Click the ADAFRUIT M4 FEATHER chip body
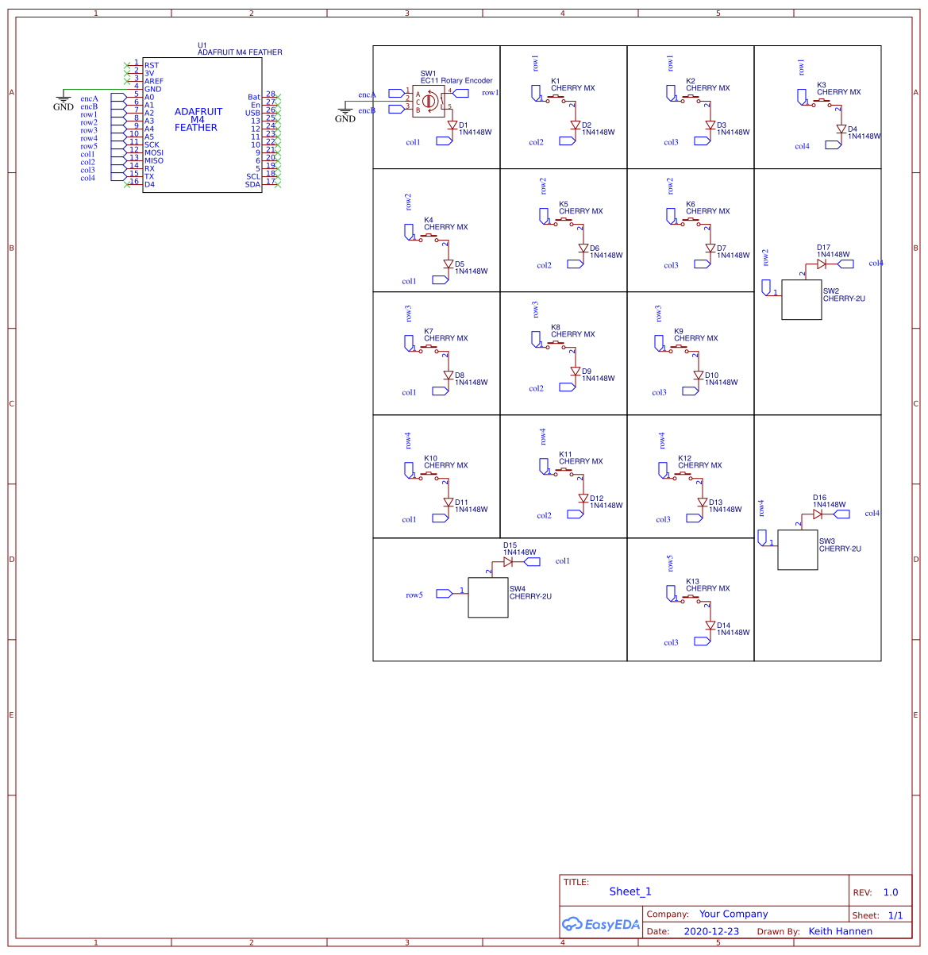pos(202,127)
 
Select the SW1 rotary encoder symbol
pos(429,101)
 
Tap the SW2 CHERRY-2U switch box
pos(801,299)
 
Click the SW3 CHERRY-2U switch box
pos(797,549)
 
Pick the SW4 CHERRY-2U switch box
pos(487,597)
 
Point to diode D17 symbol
pos(822,264)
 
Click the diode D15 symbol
pos(508,561)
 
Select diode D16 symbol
pos(818,514)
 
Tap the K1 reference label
pos(556,81)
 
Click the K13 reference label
pos(692,581)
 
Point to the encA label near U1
pos(89,99)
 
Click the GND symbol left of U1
pos(64,102)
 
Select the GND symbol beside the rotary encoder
pos(345,114)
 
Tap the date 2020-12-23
pos(710,931)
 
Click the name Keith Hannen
pos(840,931)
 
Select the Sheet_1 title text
pos(630,891)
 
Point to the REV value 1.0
pos(891,892)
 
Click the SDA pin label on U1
pos(252,184)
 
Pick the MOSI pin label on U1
pos(154,152)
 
